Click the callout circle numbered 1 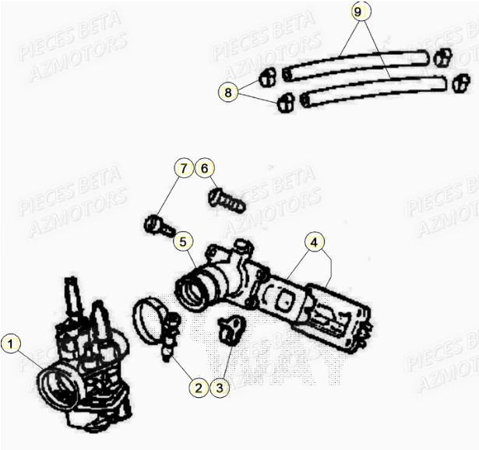[9, 343]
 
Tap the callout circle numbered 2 [199, 387]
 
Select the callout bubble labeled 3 [220, 387]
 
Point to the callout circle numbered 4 [315, 242]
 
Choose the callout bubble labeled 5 [183, 242]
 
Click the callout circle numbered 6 [204, 168]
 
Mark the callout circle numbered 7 [183, 168]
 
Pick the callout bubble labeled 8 [228, 92]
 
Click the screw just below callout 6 [227, 201]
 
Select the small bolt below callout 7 [160, 226]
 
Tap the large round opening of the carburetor [58, 388]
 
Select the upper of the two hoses [355, 65]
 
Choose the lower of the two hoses [373, 90]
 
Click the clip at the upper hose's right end [442, 57]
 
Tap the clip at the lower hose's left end [286, 102]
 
